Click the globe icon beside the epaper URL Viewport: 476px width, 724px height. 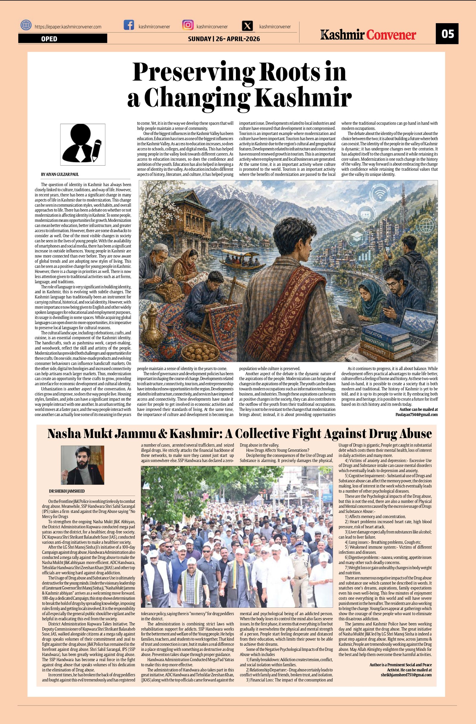pyautogui.click(x=26, y=25)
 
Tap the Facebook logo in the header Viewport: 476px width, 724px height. pyautogui.click(x=129, y=25)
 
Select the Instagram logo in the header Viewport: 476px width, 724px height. pyautogui.click(x=188, y=25)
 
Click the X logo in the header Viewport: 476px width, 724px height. pyautogui.click(x=248, y=26)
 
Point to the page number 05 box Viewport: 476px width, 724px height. pyautogui.click(x=447, y=34)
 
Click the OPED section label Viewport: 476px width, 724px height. pyautogui.click(x=49, y=39)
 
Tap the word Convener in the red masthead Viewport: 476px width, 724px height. pyautogui.click(x=391, y=35)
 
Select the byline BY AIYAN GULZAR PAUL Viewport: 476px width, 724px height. pyautogui.click(x=60, y=175)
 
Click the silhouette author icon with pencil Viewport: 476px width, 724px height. pyautogui.click(x=82, y=145)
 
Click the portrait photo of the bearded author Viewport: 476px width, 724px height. pyautogui.click(x=82, y=465)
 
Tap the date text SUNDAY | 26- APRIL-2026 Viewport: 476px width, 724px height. pyautogui.click(x=224, y=39)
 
